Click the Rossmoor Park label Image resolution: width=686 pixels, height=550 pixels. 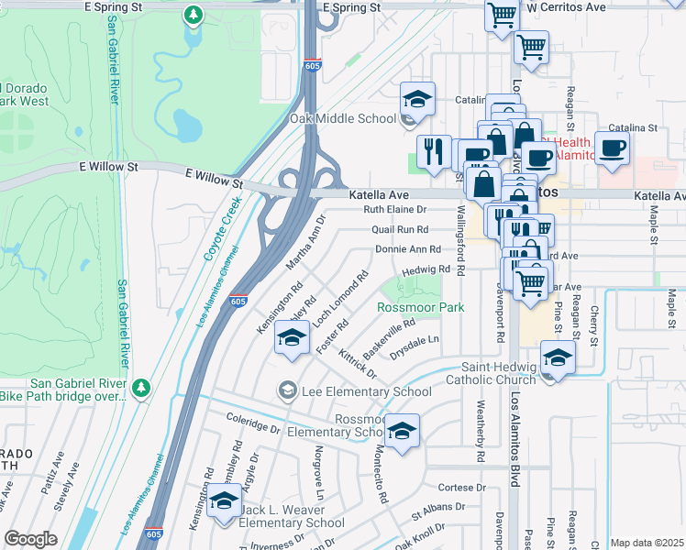(x=421, y=308)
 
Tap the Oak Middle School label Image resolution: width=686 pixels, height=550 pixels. (x=343, y=118)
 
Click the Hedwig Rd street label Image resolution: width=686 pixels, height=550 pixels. (x=428, y=269)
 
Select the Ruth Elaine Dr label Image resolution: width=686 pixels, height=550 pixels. (x=395, y=210)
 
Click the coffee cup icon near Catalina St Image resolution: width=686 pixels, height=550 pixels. (x=612, y=148)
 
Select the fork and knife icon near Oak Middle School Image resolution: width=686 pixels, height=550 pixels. (x=433, y=152)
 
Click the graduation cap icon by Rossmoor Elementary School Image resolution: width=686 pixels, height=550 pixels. (x=402, y=431)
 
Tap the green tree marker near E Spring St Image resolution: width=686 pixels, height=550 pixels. (x=193, y=16)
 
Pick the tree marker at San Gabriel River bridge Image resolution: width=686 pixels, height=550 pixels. (x=140, y=389)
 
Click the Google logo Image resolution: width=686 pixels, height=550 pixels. (x=30, y=539)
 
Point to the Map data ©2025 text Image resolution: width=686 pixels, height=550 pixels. (x=647, y=543)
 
